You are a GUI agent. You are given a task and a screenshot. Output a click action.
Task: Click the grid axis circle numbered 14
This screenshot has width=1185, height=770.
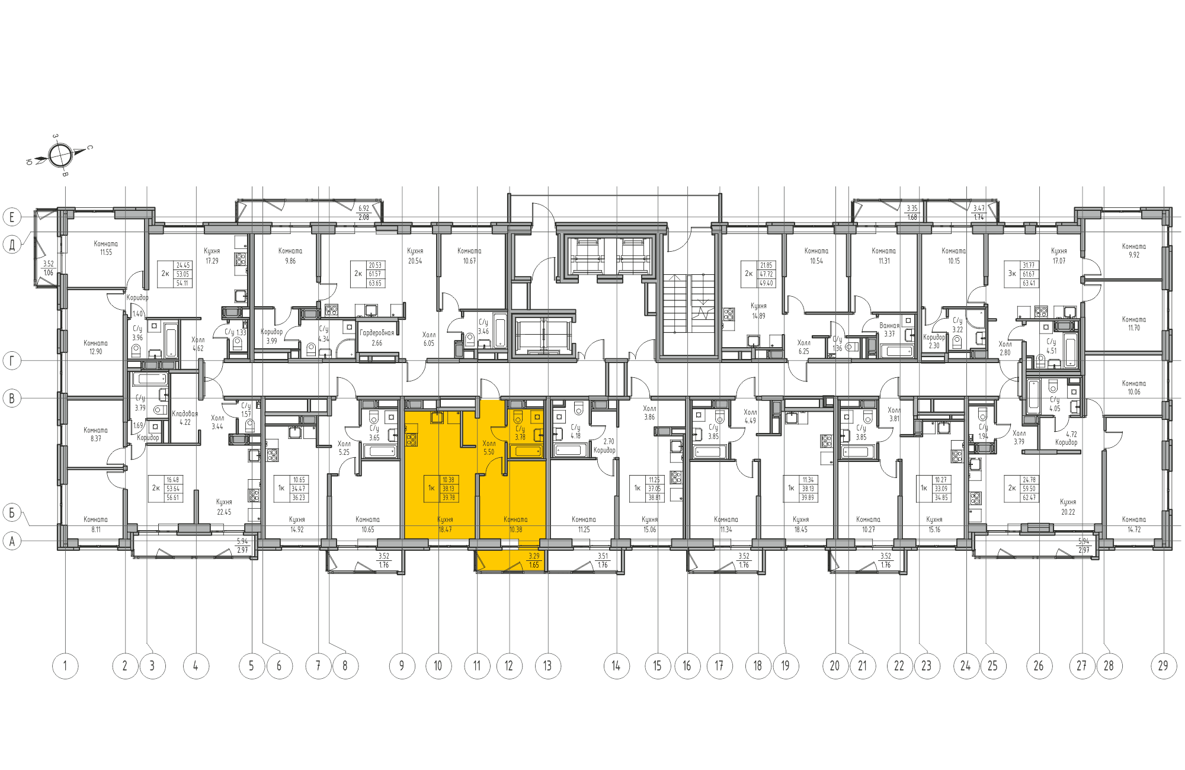(616, 666)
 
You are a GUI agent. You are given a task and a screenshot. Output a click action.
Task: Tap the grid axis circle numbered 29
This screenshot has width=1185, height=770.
(1163, 666)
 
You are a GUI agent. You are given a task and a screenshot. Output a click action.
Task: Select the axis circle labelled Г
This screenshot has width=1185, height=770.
(12, 360)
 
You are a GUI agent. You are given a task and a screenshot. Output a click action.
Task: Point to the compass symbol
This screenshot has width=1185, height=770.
(60, 156)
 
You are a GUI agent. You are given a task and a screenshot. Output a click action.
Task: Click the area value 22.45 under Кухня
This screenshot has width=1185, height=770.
(224, 512)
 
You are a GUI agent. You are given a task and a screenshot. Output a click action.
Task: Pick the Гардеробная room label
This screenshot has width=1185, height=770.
(377, 333)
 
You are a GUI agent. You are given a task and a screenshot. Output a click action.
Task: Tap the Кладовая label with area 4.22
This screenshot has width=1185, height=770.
(185, 413)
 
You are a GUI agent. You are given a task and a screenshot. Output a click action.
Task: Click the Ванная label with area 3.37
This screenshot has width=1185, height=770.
(889, 325)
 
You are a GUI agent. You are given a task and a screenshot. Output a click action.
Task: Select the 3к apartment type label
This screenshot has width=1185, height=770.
(1012, 274)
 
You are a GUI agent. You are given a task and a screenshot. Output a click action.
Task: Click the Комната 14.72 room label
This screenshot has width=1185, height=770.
(1133, 524)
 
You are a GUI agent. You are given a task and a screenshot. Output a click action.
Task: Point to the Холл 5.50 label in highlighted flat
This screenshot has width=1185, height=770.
(489, 447)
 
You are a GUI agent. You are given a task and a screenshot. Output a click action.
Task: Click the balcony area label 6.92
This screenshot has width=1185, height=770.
(363, 208)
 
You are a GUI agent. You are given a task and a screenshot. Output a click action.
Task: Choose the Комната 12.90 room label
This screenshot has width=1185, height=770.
(95, 347)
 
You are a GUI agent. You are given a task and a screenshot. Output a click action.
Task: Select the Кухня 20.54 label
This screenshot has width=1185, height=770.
(415, 255)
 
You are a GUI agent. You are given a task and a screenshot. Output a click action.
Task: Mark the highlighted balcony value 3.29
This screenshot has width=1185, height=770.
(534, 556)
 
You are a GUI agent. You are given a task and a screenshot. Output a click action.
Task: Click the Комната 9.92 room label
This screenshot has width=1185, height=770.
(1133, 251)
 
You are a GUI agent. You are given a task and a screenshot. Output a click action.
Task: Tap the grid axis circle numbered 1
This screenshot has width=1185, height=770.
(65, 666)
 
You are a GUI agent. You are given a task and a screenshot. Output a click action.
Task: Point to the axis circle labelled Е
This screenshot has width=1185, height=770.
(12, 217)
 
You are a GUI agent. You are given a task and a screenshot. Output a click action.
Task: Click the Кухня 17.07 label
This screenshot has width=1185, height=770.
(1058, 255)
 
